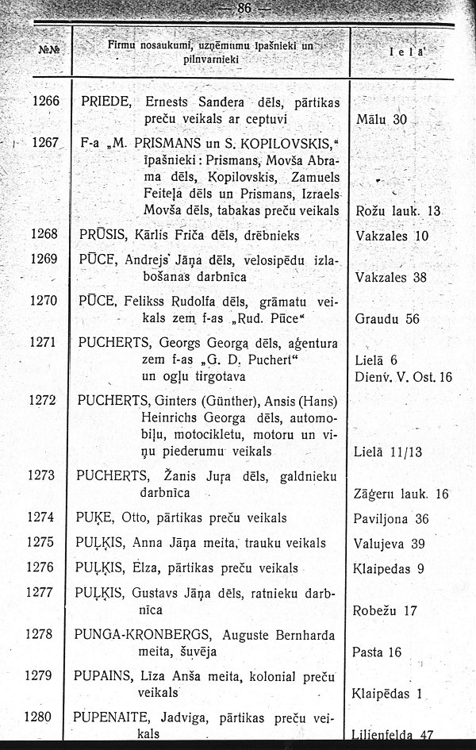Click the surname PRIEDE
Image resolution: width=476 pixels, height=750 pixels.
pos(108,102)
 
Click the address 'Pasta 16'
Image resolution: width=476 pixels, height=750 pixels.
pos(378,652)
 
